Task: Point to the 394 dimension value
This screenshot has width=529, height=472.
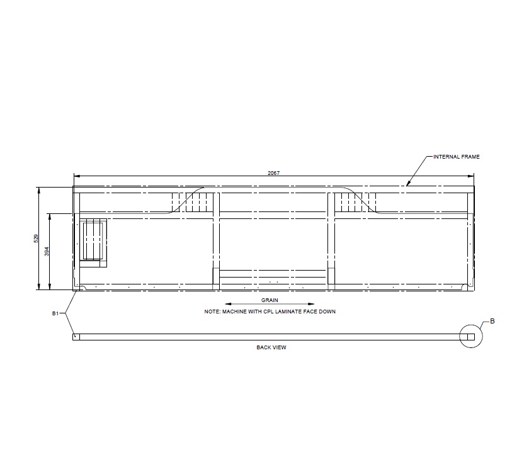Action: pyautogui.click(x=47, y=250)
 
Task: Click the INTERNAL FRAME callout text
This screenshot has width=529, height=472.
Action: pyautogui.click(x=457, y=157)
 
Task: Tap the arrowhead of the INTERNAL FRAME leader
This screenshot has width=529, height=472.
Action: pyautogui.click(x=407, y=185)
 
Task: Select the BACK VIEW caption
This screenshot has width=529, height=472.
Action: pyautogui.click(x=271, y=347)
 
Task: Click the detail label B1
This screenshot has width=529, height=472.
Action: pyautogui.click(x=55, y=313)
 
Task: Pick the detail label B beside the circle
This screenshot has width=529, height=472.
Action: pyautogui.click(x=492, y=321)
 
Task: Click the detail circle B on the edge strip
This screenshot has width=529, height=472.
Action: pyautogui.click(x=470, y=337)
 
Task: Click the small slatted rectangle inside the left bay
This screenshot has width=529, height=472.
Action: pyautogui.click(x=93, y=242)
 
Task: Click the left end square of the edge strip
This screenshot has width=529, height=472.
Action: pyautogui.click(x=76, y=337)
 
